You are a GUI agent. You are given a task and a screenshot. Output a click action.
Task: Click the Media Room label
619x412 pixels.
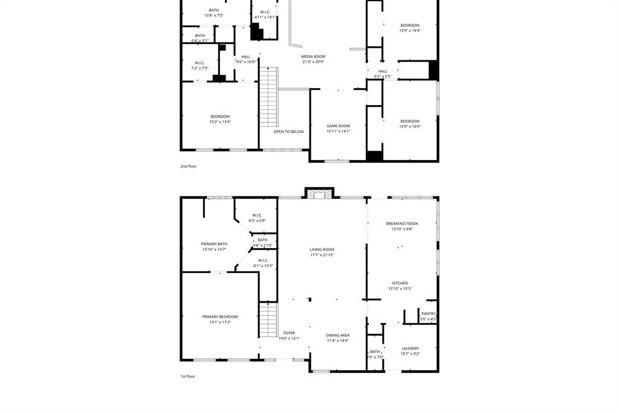(x=313, y=56)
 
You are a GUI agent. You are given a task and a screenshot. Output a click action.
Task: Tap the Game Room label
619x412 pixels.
(x=338, y=126)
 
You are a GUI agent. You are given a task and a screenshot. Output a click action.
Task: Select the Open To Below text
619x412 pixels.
(x=288, y=131)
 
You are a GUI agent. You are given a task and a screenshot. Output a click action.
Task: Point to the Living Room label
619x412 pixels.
(x=322, y=249)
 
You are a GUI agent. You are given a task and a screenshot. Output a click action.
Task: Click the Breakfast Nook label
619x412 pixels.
(x=402, y=224)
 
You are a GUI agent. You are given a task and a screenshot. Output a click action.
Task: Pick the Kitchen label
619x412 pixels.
(x=400, y=283)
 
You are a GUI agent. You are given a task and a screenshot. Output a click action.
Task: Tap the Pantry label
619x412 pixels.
(x=428, y=314)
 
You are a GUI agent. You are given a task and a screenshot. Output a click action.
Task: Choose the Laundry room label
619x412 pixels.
(x=410, y=348)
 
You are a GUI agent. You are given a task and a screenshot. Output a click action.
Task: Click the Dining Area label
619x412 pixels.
(x=337, y=335)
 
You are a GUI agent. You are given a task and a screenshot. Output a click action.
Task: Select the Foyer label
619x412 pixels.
(x=289, y=333)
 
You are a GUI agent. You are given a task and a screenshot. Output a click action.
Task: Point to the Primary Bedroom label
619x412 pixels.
(x=220, y=317)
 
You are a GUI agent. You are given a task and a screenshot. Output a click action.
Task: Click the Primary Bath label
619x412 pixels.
(x=214, y=244)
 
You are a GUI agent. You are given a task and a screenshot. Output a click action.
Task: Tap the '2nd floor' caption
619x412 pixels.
(x=188, y=166)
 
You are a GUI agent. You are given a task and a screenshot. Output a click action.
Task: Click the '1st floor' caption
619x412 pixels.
(x=187, y=376)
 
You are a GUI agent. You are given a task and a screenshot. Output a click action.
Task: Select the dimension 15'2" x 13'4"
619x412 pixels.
(x=220, y=121)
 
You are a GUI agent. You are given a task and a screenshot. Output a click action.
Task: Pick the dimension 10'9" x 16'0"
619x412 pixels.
(x=409, y=126)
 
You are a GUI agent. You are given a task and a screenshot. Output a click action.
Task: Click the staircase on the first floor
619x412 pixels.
(x=268, y=320)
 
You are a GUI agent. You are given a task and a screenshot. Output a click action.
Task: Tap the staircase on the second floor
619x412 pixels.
(x=268, y=97)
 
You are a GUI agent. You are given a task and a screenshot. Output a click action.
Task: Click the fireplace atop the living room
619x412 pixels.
(x=319, y=194)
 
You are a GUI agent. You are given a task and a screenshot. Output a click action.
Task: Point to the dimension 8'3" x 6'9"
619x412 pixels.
(x=256, y=220)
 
